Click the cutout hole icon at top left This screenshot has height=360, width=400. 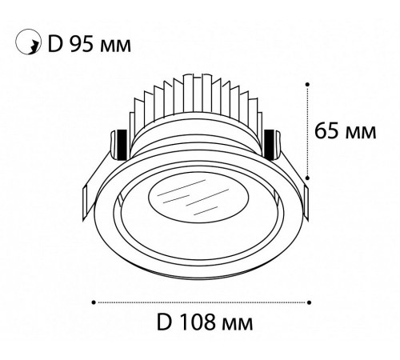coord(28,42)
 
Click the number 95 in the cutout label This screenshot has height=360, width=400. coord(82,44)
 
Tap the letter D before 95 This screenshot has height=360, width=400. coord(55,44)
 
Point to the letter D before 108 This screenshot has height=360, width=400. coord(163,322)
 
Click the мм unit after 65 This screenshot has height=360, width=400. coord(361,133)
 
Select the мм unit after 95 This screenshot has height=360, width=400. coord(116,46)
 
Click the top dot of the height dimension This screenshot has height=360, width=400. coord(307,84)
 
